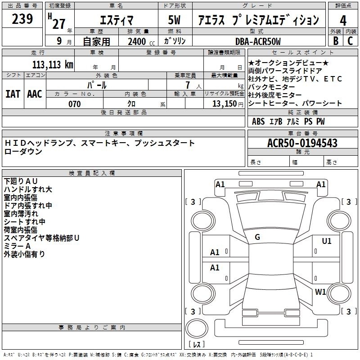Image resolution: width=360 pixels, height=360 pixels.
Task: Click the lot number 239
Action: [x=22, y=19]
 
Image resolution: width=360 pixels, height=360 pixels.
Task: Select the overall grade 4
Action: [x=343, y=21]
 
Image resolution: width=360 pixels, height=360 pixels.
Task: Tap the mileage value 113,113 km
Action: [x=53, y=65]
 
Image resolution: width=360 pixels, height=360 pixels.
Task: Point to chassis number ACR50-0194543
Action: [x=302, y=143]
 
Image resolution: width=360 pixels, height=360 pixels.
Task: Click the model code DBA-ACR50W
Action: [x=258, y=41]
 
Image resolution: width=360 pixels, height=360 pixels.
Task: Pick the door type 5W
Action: [x=174, y=20]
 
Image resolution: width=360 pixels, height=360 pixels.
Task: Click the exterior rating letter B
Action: [x=336, y=41]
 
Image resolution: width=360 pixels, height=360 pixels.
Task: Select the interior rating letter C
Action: [x=350, y=41]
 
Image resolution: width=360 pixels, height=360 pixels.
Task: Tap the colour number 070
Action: [x=75, y=104]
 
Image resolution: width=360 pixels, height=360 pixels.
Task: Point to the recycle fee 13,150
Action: [x=225, y=104]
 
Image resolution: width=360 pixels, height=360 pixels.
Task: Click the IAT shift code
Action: [x=13, y=94]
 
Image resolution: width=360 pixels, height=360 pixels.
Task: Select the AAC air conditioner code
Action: [x=35, y=94]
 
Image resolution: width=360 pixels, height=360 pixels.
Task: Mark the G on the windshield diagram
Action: [x=257, y=237]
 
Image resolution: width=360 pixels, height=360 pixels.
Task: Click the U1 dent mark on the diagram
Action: [x=327, y=241]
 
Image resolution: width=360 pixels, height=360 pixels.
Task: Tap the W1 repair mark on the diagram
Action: [x=320, y=292]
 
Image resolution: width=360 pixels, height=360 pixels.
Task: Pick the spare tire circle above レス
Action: [x=197, y=328]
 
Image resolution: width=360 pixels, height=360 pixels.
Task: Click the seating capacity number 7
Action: [x=188, y=85]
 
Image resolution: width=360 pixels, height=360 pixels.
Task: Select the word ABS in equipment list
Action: [x=258, y=121]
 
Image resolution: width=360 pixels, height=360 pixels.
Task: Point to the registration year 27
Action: [x=59, y=24]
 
